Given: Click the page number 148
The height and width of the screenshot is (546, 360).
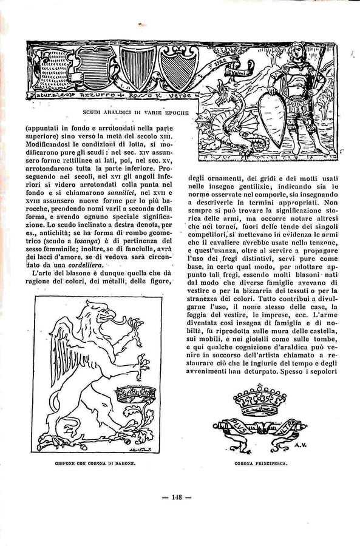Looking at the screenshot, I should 177,497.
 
